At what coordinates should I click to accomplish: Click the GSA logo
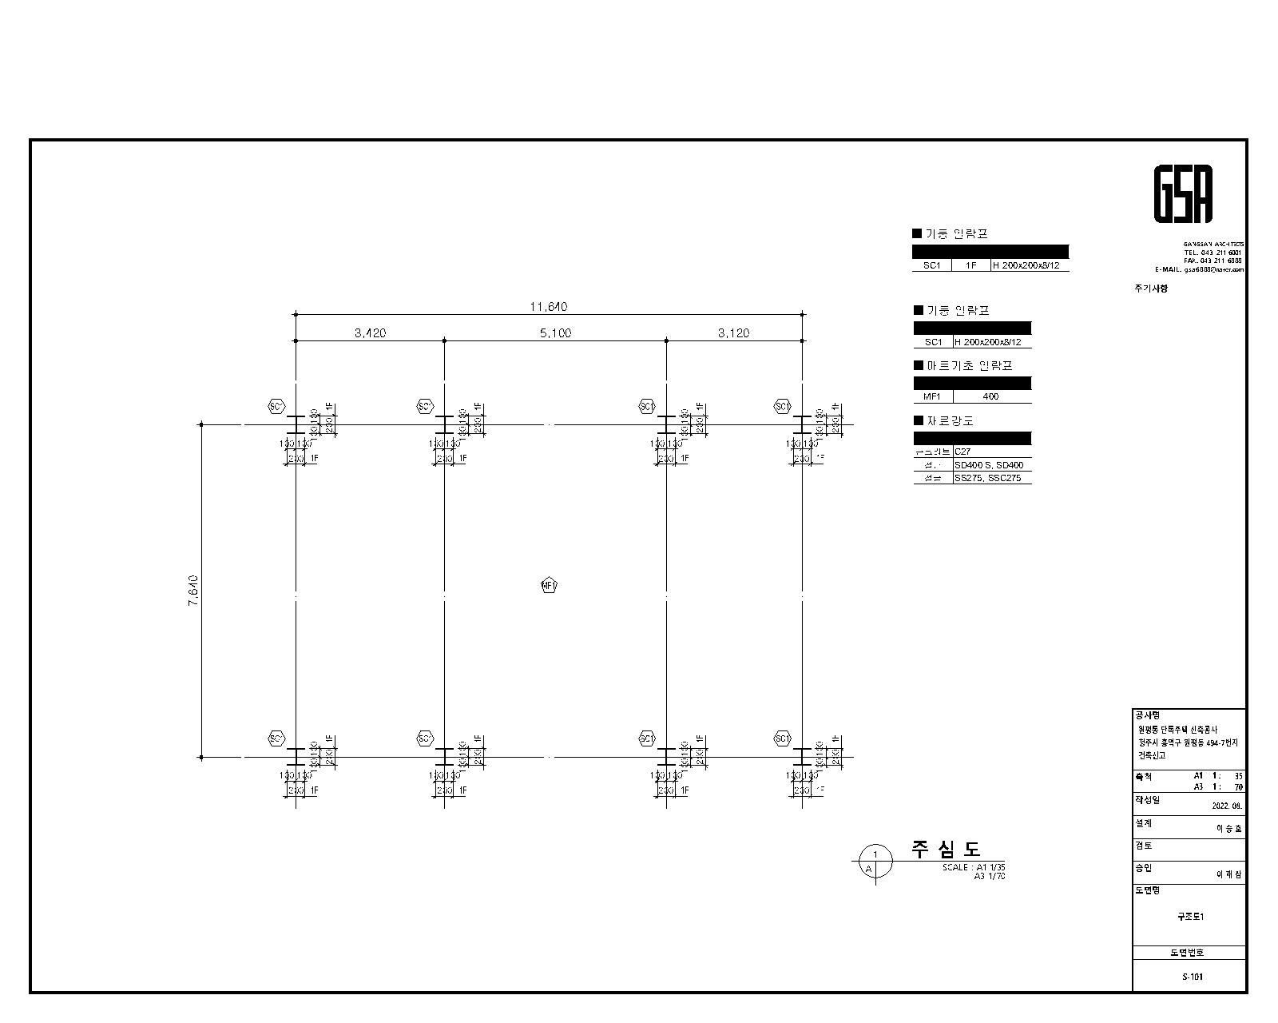[x=1183, y=194]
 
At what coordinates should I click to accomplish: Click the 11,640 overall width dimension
[x=549, y=307]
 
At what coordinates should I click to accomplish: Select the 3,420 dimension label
[x=370, y=333]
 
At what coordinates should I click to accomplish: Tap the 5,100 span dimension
[x=555, y=333]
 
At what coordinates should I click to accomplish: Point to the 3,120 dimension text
[x=733, y=333]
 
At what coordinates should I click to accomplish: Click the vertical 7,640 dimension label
[x=193, y=591]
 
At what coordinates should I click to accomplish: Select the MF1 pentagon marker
[x=549, y=586]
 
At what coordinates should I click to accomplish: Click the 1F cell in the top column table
[x=970, y=265]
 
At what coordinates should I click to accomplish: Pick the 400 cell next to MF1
[x=990, y=396]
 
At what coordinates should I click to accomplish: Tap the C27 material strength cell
[x=962, y=452]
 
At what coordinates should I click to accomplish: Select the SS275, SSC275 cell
[x=987, y=478]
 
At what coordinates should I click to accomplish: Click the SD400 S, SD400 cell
[x=988, y=465]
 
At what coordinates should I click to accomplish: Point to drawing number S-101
[x=1192, y=977]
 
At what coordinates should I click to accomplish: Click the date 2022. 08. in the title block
[x=1227, y=806]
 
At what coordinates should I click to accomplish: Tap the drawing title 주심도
[x=946, y=849]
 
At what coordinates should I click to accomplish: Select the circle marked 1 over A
[x=875, y=863]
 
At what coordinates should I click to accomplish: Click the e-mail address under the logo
[x=1199, y=269]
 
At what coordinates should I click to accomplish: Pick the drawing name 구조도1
[x=1190, y=917]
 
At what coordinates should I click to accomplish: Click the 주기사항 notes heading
[x=1150, y=289]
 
